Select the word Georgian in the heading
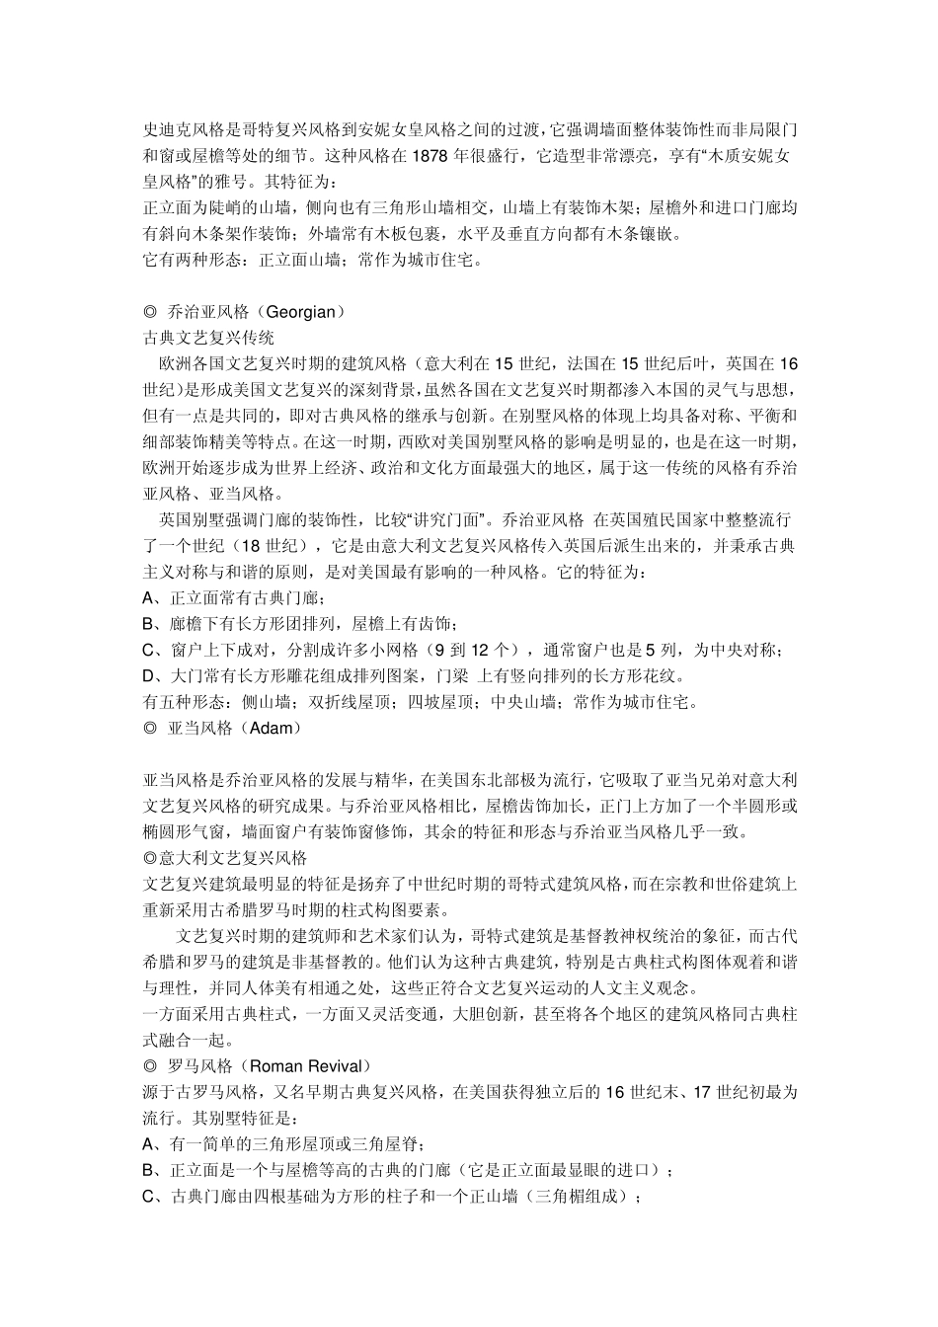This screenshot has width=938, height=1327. pos(301,312)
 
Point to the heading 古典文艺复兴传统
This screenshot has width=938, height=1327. pos(208,338)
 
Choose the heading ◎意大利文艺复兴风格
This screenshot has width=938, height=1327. pos(225,858)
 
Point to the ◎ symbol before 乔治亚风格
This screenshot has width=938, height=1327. pos(150,312)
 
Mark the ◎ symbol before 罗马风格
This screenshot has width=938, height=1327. pos(150,1066)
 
